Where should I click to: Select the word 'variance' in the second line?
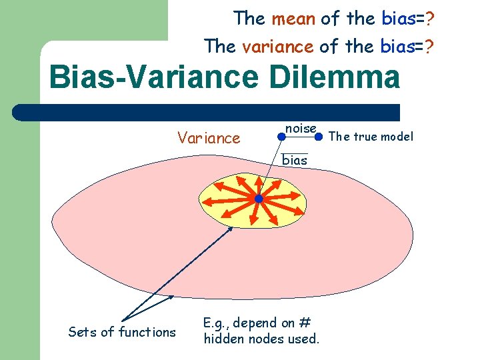coord(277,46)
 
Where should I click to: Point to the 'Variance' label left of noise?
coord(208,138)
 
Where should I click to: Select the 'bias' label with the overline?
coord(295,160)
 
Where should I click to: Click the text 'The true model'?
coord(371,137)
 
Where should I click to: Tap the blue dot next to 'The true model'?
coord(319,137)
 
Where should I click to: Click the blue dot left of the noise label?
coord(282,137)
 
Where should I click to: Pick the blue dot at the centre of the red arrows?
coord(259,199)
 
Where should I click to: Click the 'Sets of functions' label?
coord(122,332)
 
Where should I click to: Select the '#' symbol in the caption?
coord(304,323)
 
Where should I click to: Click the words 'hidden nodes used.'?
coord(261,339)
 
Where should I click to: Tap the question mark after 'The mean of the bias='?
coord(431,19)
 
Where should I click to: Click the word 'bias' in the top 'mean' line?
coord(399,19)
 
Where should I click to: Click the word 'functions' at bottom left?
coord(148,332)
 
